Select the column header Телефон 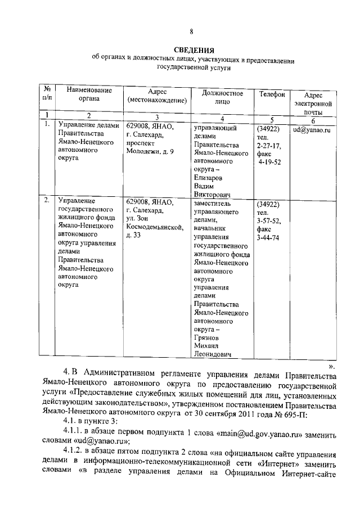(272, 94)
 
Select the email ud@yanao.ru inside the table (311, 130)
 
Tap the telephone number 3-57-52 (268, 221)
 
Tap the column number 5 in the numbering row (272, 119)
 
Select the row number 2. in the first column (47, 200)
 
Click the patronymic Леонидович (213, 354)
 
